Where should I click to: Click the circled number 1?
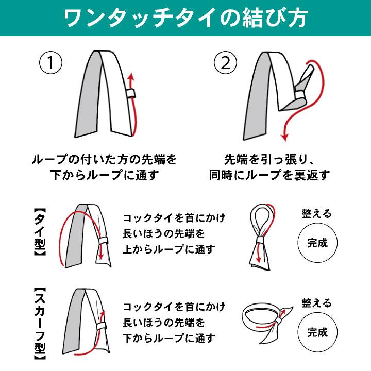[x=50, y=63]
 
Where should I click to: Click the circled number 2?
[x=225, y=63]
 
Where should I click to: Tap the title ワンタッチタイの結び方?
[x=185, y=18]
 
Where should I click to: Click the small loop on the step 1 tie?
[x=130, y=93]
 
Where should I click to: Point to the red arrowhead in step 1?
[x=131, y=77]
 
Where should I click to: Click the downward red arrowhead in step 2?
[x=284, y=137]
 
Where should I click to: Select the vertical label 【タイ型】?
[x=40, y=232]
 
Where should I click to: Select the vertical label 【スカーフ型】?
[x=40, y=324]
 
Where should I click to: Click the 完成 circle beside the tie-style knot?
[x=317, y=243]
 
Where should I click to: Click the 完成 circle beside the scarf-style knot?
[x=317, y=332]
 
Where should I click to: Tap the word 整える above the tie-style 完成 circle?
[x=316, y=213]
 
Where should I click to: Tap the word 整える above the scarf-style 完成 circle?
[x=316, y=303]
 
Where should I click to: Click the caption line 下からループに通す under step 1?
[x=104, y=175]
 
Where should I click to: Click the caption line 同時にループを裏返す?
[x=269, y=175]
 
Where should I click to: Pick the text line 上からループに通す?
[x=168, y=249]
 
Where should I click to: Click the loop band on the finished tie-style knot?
[x=260, y=240]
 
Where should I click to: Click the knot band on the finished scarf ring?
[x=278, y=321]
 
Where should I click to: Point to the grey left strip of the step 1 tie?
[x=90, y=95]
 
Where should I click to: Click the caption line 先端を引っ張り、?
[x=269, y=160]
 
